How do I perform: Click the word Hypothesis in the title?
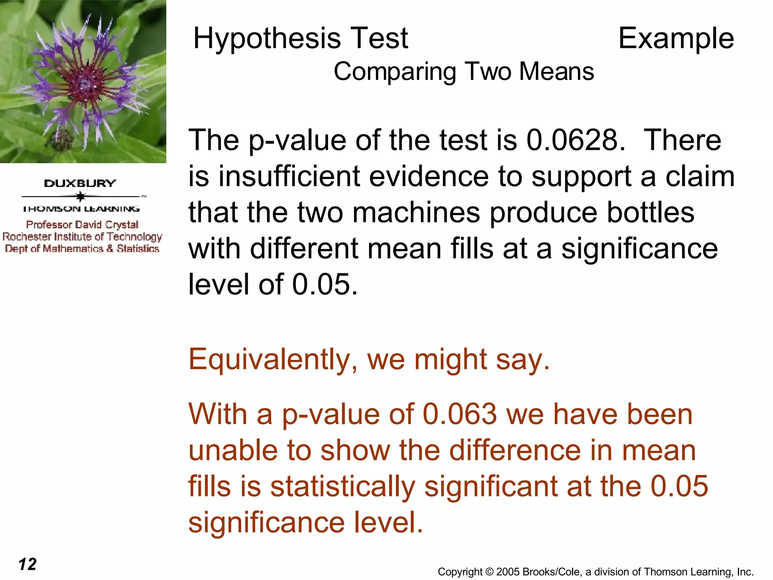[x=266, y=39]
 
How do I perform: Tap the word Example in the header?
[x=676, y=39]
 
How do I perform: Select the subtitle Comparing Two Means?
[x=463, y=71]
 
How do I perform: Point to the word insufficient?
[x=289, y=176]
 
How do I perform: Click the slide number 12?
[x=28, y=564]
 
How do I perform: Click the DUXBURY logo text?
[x=80, y=184]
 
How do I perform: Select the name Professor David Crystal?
[x=82, y=225]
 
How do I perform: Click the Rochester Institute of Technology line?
[x=82, y=237]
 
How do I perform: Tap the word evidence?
[x=428, y=176]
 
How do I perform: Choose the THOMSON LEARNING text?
[x=81, y=209]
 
